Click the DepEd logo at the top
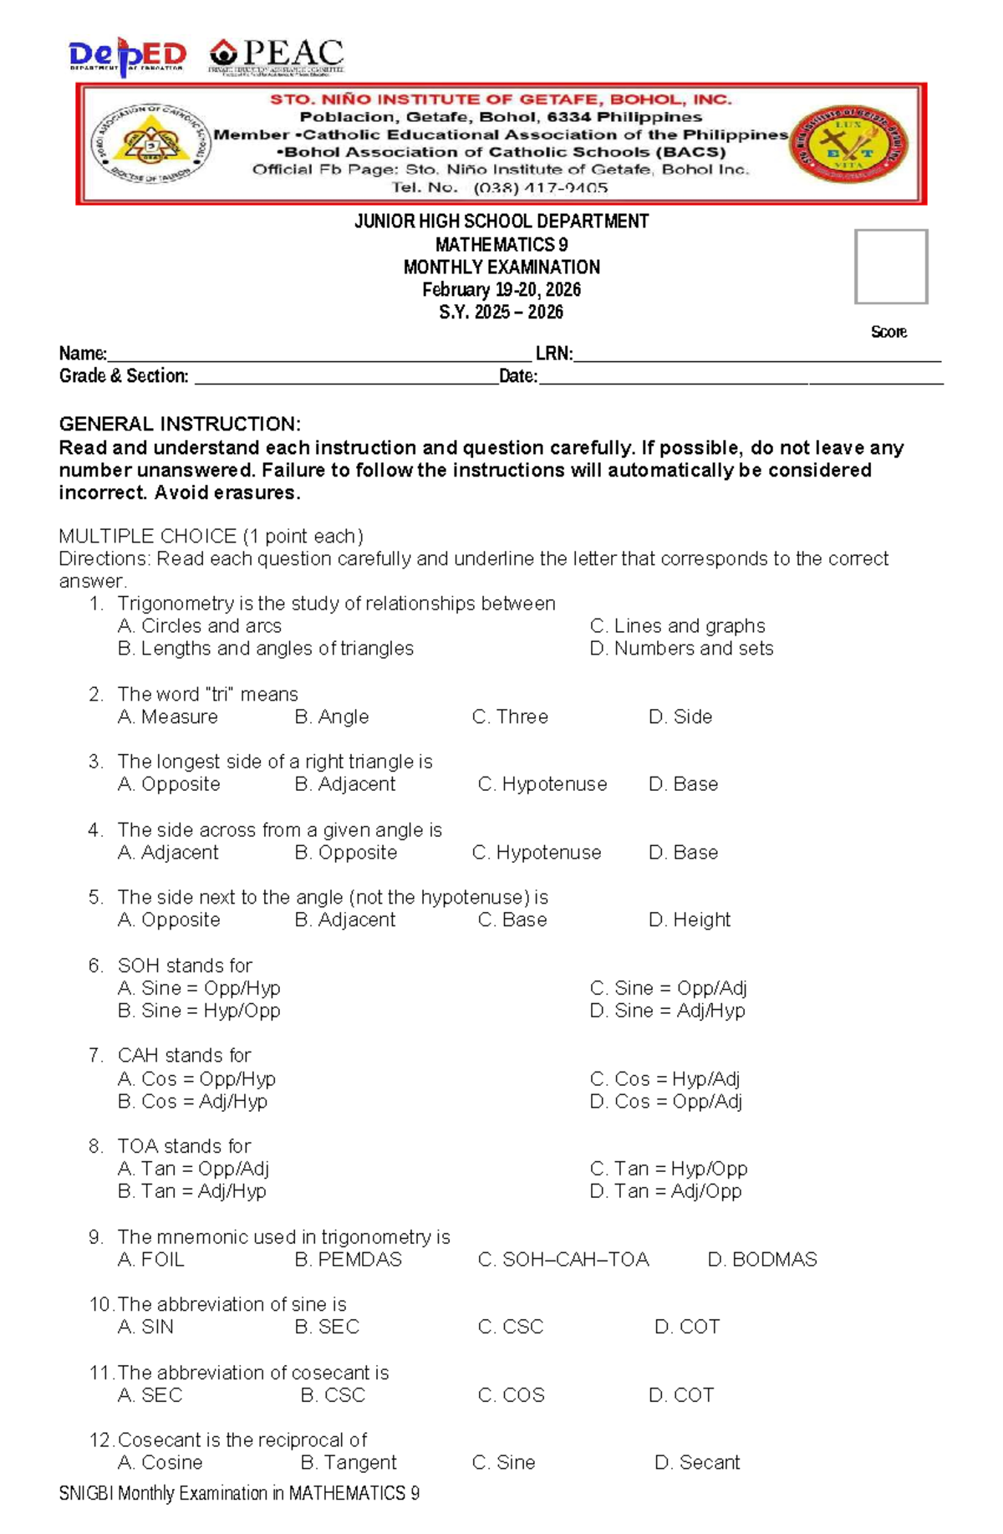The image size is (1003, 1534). [x=127, y=56]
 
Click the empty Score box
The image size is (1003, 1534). [x=891, y=267]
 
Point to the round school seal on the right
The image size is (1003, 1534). [x=848, y=145]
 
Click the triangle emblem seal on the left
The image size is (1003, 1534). [x=150, y=145]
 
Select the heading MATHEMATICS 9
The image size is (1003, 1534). [x=501, y=245]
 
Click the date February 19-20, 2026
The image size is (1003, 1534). [x=501, y=290]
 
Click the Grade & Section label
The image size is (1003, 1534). [x=124, y=376]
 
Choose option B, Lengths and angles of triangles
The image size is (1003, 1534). [x=266, y=649]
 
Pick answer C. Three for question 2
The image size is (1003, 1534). [x=510, y=717]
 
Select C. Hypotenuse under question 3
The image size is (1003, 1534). [x=542, y=784]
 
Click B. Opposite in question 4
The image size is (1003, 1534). [x=346, y=853]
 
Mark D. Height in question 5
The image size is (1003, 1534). [x=690, y=920]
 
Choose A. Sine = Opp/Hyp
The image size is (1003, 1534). [x=199, y=988]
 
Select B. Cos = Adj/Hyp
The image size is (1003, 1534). [x=192, y=1102]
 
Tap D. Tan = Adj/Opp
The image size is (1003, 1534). [x=665, y=1191]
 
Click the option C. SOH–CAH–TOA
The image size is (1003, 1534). [x=563, y=1260]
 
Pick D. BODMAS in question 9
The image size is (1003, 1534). [x=762, y=1260]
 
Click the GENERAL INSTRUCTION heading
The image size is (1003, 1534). [x=180, y=424]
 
